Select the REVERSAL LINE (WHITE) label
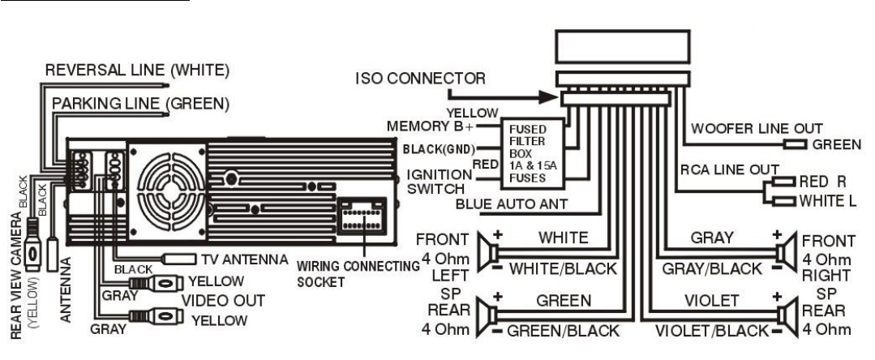[136, 71]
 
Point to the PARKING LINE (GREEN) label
[140, 104]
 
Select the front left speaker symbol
[487, 251]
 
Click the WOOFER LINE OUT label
[756, 127]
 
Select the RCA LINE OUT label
[720, 168]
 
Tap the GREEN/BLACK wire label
[563, 330]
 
